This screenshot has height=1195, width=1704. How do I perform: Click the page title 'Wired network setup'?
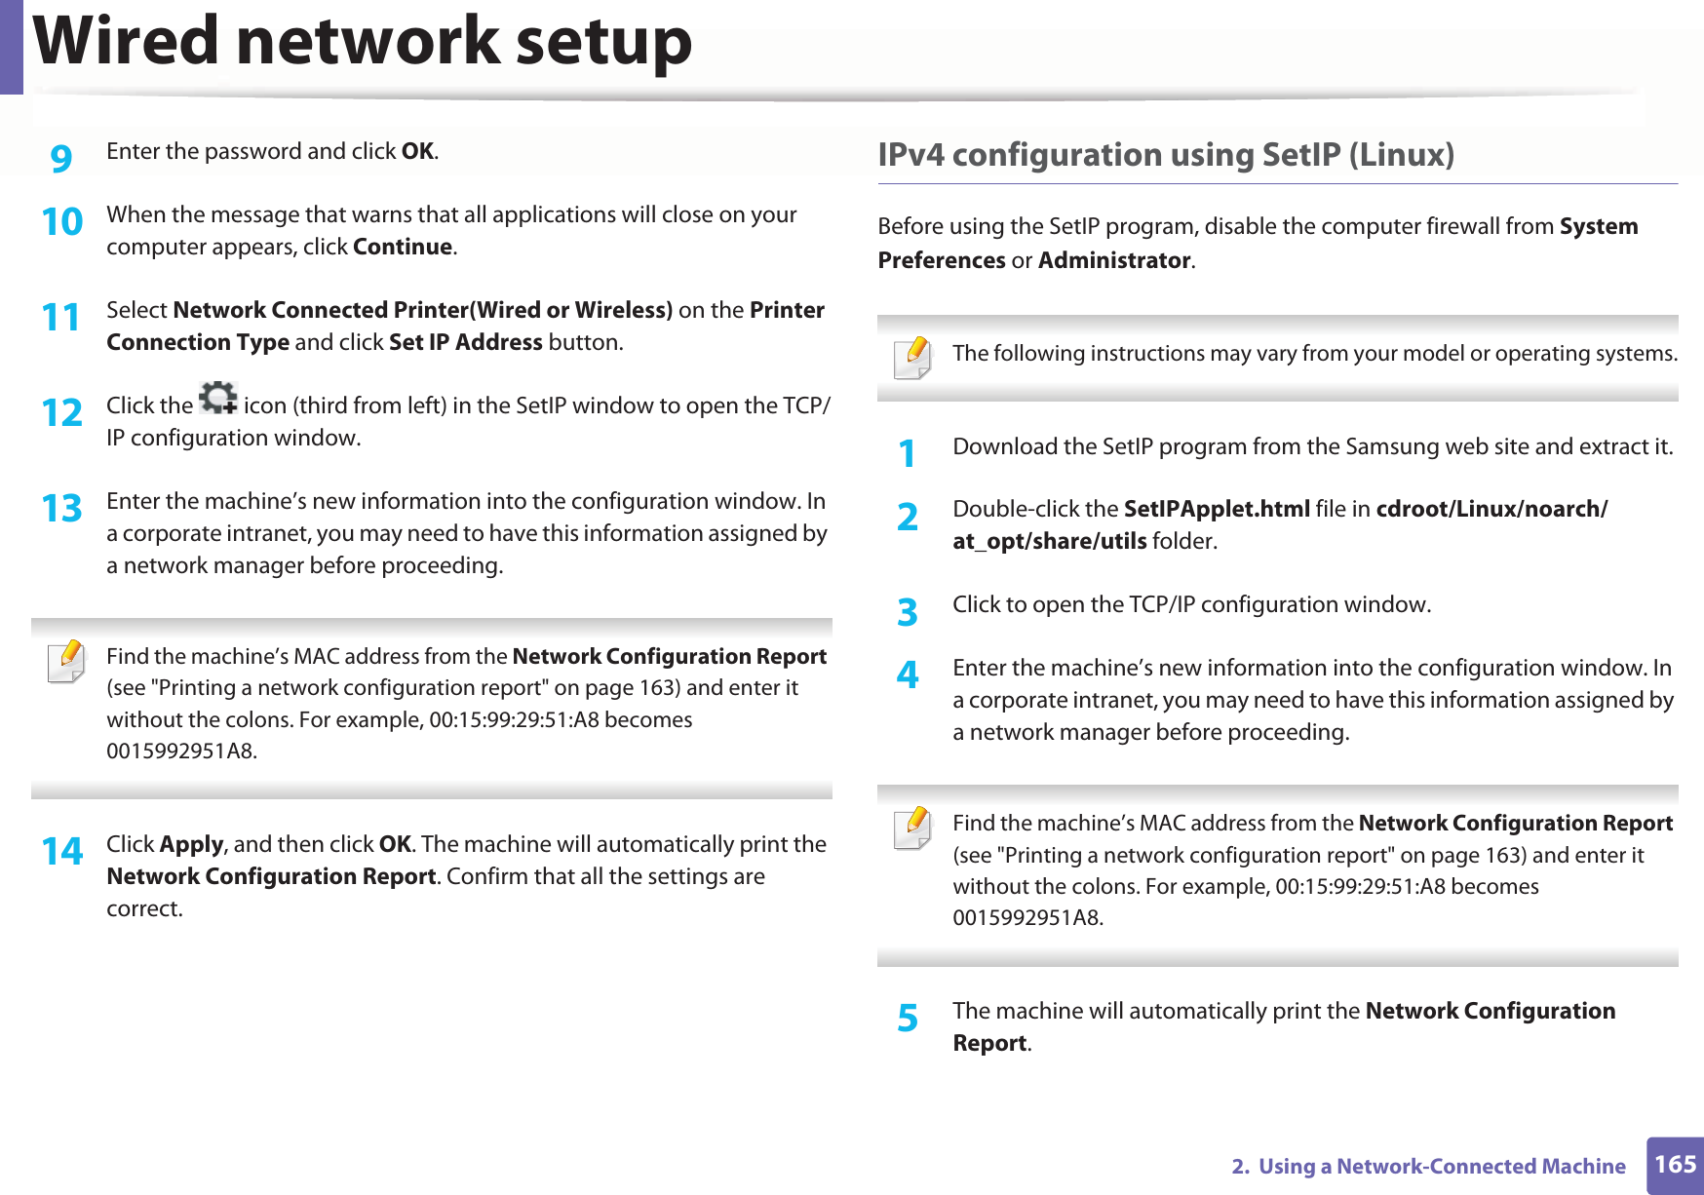point(363,43)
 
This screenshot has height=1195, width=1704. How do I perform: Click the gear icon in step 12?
point(217,398)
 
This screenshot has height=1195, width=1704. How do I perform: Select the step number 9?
point(61,157)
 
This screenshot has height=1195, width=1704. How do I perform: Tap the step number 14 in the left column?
point(61,851)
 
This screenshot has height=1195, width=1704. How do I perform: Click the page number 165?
point(1675,1165)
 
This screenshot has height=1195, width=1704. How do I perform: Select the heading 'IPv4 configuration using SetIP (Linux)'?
point(1165,155)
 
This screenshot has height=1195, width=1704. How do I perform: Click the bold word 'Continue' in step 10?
point(403,247)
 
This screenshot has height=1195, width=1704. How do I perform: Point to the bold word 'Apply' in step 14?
point(191,844)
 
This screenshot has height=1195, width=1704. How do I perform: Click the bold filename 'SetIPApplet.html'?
point(1216,509)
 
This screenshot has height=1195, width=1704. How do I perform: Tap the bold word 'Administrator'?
point(1114,260)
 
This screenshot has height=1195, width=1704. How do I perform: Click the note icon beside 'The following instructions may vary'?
point(912,358)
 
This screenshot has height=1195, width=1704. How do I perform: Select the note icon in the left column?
point(66,662)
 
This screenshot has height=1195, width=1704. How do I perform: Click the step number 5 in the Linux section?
point(908,1019)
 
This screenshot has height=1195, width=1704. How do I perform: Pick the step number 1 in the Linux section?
point(908,453)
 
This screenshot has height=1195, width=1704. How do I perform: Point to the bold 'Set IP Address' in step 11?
point(465,342)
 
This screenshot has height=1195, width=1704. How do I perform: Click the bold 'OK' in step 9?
point(417,151)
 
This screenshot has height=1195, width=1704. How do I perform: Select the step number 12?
point(61,412)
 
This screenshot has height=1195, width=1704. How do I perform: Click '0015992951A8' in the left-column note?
point(181,752)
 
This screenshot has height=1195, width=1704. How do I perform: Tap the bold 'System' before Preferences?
point(1598,226)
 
